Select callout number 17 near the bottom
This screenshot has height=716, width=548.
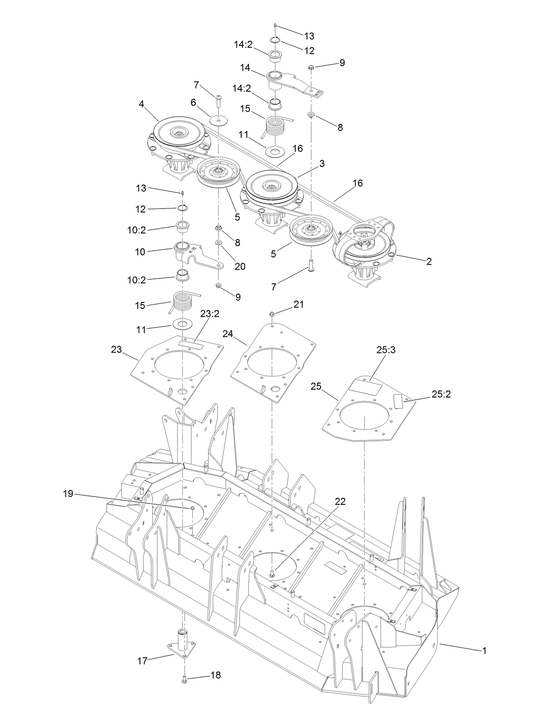[x=143, y=661]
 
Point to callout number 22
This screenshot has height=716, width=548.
[x=339, y=502]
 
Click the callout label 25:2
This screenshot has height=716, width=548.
[x=441, y=394]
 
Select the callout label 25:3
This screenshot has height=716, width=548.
[x=385, y=350]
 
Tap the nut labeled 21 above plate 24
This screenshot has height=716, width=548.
[x=272, y=313]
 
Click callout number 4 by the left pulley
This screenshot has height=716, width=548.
[x=141, y=105]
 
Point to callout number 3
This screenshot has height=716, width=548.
[x=322, y=164]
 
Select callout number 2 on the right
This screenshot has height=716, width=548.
[x=429, y=261]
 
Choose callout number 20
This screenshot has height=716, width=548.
[x=240, y=266]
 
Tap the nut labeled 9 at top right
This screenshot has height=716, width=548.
[x=310, y=67]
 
